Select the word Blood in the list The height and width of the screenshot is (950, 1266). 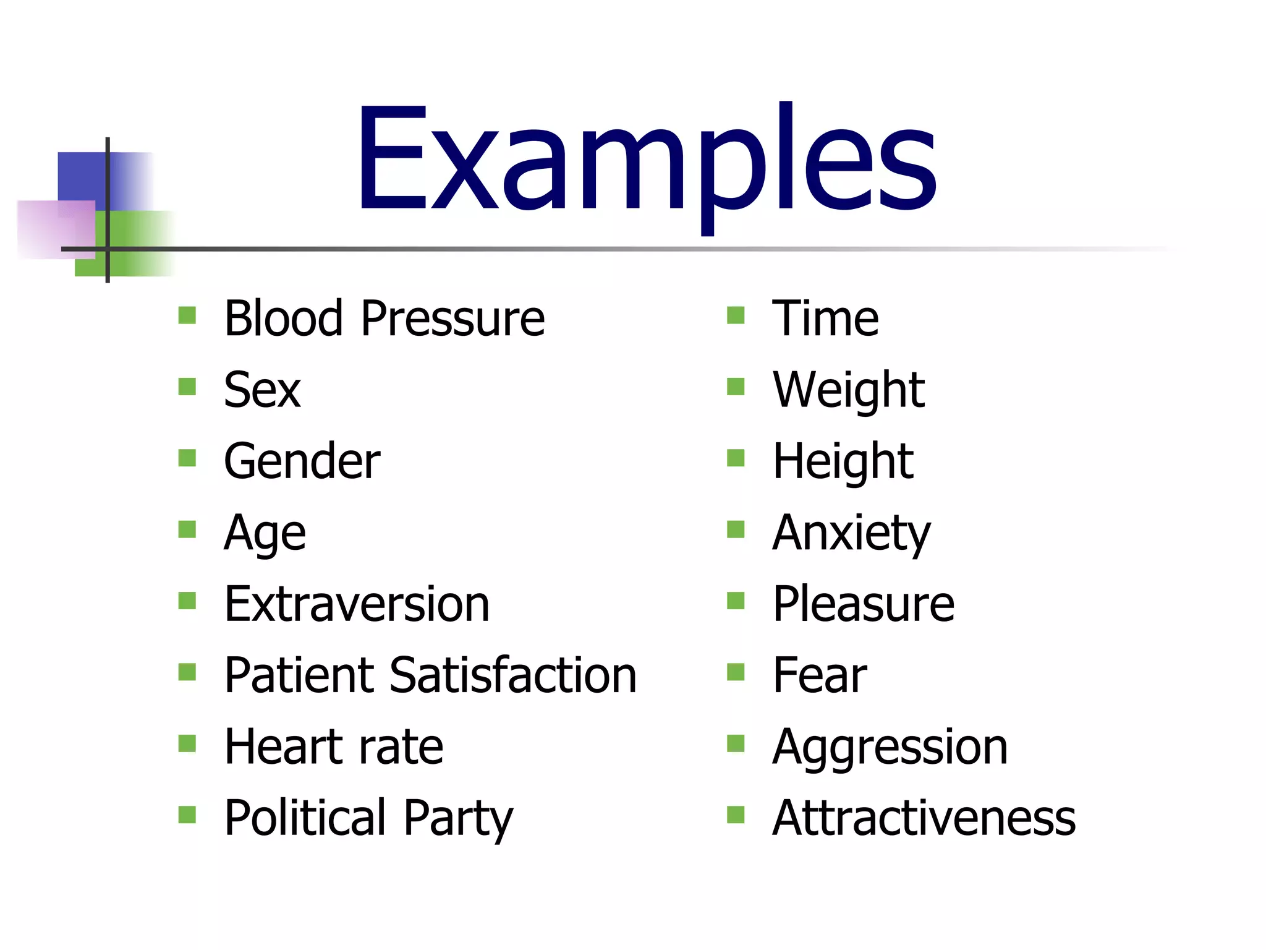tap(283, 319)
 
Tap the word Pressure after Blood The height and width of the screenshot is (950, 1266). tap(452, 319)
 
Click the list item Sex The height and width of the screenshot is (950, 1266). tap(262, 390)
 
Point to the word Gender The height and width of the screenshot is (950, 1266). tap(302, 461)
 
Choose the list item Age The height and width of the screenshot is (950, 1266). tap(265, 533)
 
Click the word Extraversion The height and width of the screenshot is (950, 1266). tap(357, 604)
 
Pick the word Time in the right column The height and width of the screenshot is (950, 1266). tap(825, 319)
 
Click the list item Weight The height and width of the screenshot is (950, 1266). tap(848, 390)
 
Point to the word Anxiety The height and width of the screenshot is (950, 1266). tap(851, 533)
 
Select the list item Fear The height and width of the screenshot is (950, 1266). tap(820, 675)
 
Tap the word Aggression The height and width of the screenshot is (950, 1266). tap(890, 747)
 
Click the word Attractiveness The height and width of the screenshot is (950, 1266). tap(924, 818)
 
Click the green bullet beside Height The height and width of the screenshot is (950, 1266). tap(736, 458)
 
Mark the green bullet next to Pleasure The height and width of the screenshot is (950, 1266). tap(736, 601)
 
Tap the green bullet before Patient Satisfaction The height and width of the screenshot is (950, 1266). tap(187, 672)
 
